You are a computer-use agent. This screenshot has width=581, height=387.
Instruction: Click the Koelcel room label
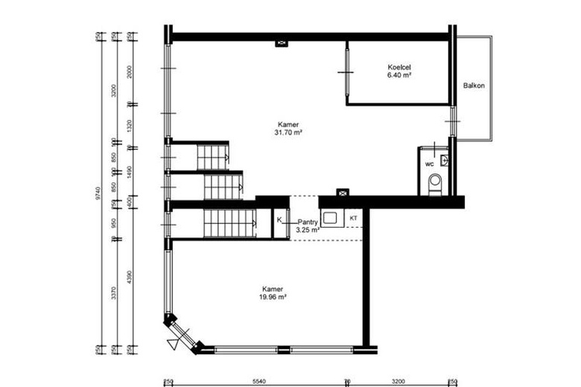pyautogui.click(x=399, y=67)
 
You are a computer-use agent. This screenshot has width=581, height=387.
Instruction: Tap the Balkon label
pyautogui.click(x=474, y=86)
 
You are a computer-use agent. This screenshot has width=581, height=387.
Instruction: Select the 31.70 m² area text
pyautogui.click(x=288, y=133)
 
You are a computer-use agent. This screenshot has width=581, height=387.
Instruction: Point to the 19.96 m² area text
pyautogui.click(x=274, y=296)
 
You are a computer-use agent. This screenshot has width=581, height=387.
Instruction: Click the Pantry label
pyautogui.click(x=308, y=222)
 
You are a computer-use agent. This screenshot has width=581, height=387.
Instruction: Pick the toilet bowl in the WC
pyautogui.click(x=436, y=182)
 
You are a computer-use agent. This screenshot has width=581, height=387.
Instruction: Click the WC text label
pyautogui.click(x=429, y=164)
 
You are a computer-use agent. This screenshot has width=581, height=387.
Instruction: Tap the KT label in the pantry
pyautogui.click(x=353, y=218)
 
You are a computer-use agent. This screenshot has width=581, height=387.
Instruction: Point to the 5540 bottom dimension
pyautogui.click(x=258, y=382)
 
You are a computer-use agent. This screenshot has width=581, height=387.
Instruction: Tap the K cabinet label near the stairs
pyautogui.click(x=279, y=220)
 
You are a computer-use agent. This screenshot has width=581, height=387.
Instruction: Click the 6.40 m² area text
pyautogui.click(x=399, y=75)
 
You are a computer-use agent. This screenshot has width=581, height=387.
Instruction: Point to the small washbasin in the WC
pyautogui.click(x=443, y=159)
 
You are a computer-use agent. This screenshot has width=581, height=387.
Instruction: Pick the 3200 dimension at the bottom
pyautogui.click(x=399, y=382)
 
